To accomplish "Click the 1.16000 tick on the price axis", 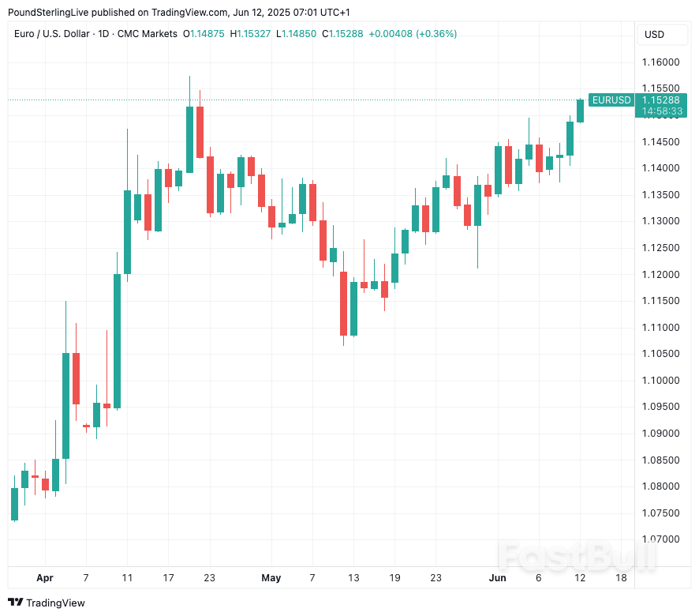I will (660, 62).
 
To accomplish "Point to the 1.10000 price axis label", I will (660, 380).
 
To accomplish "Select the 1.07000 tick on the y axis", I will (660, 539).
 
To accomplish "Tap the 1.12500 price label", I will (660, 248).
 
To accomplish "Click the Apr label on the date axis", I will (45, 578).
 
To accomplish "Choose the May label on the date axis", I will (271, 578).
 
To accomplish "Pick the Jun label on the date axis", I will (497, 578).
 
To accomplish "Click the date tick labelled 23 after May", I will (435, 578).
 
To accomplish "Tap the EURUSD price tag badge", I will (611, 100).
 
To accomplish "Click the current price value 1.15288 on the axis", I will (661, 100).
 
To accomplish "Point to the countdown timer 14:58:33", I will (661, 112).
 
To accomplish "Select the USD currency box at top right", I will (654, 34).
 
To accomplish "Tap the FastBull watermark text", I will (577, 556).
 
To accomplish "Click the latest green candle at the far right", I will (580, 111).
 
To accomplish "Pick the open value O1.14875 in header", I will (204, 34).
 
